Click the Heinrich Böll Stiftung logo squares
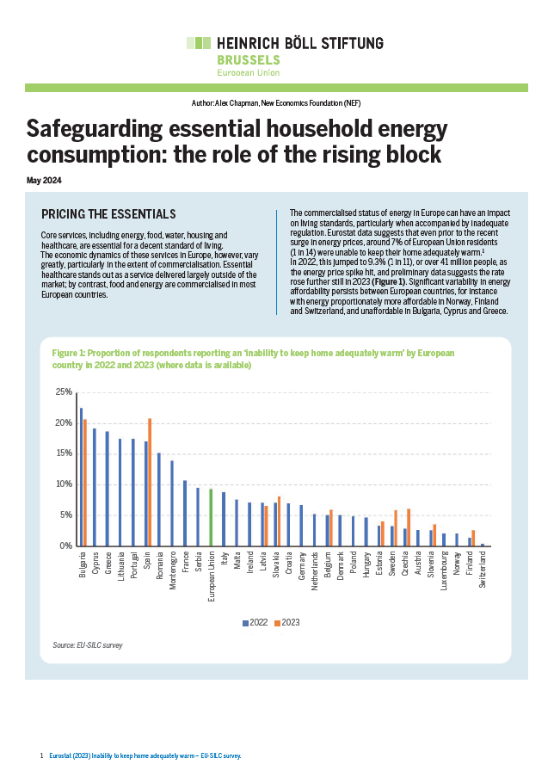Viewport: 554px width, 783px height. tap(199, 42)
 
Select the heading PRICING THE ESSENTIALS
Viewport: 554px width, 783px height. tap(108, 214)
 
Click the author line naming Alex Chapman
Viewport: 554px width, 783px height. tap(276, 102)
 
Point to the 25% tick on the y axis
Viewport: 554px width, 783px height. tap(63, 392)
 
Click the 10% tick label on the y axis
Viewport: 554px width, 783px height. tap(63, 484)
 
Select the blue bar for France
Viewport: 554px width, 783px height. tap(185, 513)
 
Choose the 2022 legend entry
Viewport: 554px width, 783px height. tap(255, 622)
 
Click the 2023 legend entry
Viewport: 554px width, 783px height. tap(287, 622)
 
